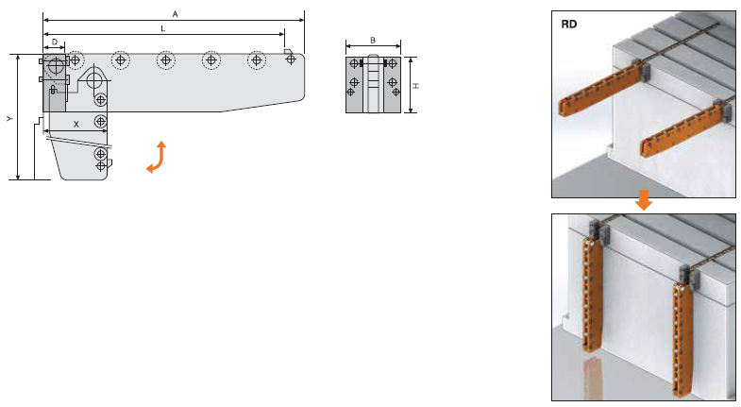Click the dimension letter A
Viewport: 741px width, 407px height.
point(176,14)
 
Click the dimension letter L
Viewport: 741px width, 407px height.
point(163,29)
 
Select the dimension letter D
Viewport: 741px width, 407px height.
point(55,42)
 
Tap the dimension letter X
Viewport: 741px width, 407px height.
point(76,125)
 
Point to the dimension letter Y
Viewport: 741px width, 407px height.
point(9,119)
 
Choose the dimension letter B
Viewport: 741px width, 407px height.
point(373,41)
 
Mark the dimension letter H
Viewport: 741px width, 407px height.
point(416,86)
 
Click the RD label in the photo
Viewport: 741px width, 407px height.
point(569,25)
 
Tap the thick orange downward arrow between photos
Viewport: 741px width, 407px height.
point(644,199)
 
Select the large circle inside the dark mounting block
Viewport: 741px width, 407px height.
point(56,65)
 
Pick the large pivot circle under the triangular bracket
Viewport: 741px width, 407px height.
point(94,81)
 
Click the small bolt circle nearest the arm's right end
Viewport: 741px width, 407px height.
point(291,59)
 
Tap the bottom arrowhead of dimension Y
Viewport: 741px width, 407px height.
point(18,177)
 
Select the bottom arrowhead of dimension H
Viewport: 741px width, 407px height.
point(411,110)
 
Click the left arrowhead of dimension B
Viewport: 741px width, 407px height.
point(348,46)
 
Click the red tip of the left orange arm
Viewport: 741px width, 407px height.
point(563,102)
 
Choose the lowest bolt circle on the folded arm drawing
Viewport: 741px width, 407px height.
point(100,166)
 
